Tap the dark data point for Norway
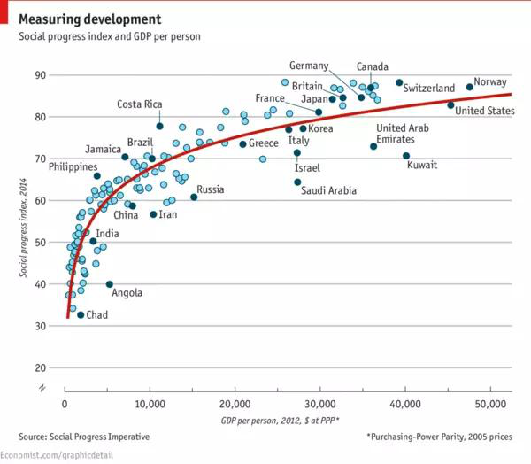[x=469, y=87]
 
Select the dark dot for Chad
[x=81, y=314]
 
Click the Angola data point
[x=110, y=284]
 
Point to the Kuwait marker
[x=406, y=156]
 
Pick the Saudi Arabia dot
[x=297, y=182]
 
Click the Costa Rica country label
[x=140, y=104]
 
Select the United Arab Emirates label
[x=402, y=134]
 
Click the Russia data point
[x=194, y=197]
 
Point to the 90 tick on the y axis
[x=41, y=75]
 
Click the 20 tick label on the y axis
[x=41, y=367]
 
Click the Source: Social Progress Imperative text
[x=84, y=437]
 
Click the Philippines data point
[x=96, y=175]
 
